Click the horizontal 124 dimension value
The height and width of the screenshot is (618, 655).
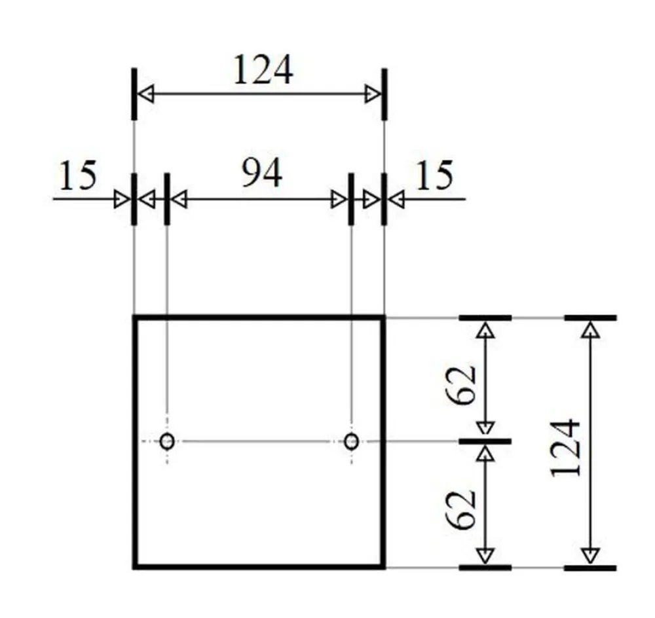263,70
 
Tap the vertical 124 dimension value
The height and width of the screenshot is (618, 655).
566,448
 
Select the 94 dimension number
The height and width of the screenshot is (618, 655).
262,173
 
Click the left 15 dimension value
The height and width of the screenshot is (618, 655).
78,175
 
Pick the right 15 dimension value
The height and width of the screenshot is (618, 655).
435,175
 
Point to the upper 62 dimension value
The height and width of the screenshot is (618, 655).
460,384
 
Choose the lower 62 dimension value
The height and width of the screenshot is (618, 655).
460,509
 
